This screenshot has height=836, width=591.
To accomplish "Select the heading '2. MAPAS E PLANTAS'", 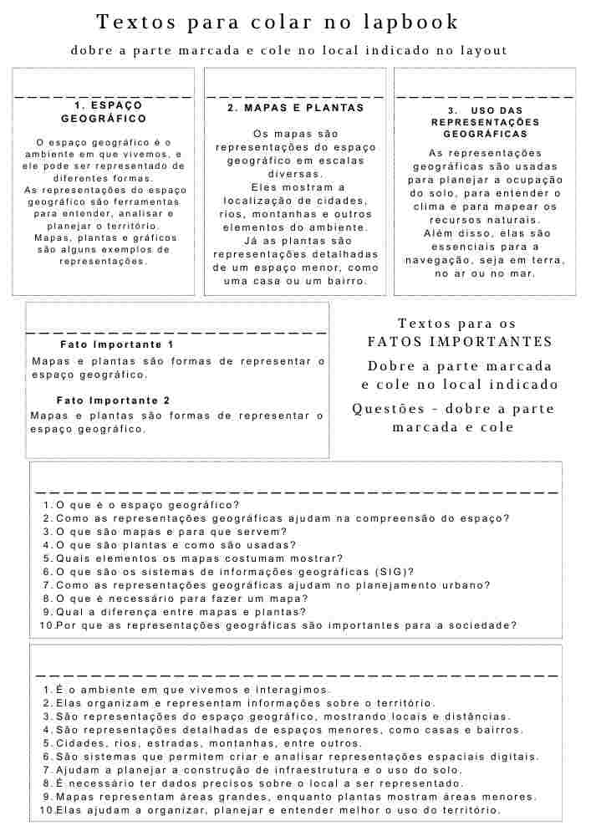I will [296, 108].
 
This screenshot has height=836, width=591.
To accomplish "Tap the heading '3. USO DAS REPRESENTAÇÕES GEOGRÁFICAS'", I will [485, 122].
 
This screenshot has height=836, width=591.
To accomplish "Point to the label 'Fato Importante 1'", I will [117, 344].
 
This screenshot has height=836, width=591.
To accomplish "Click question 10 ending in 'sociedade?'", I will [285, 625].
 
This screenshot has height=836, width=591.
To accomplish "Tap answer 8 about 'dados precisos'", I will [258, 783].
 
